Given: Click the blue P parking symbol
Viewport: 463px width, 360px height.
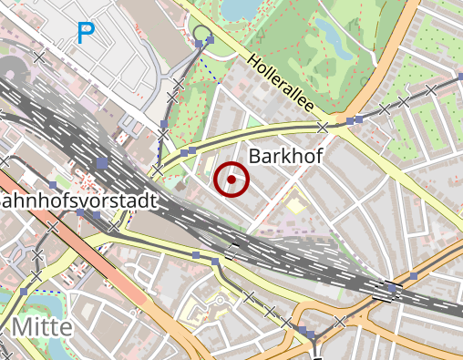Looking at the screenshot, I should [86, 35].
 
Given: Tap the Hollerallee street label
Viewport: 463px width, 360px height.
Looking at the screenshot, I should [281, 84].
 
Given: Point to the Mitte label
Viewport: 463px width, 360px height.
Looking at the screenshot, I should [42, 327].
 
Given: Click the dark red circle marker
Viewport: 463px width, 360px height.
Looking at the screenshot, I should [231, 180].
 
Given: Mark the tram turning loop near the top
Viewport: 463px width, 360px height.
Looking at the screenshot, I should [201, 34].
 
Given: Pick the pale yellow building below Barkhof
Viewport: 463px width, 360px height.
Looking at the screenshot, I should [295, 206].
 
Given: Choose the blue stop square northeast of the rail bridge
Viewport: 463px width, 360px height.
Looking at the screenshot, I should [414, 275].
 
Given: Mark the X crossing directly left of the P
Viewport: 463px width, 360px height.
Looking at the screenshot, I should [39, 57].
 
